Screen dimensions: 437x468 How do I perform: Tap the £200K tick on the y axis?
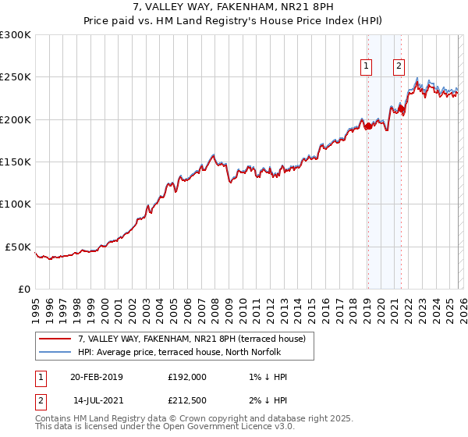point(15,120)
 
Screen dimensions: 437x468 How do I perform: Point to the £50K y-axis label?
point(18,247)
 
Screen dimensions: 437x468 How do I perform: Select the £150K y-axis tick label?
point(15,162)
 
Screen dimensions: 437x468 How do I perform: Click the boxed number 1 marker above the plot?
point(367,67)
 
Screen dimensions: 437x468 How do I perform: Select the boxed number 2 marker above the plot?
point(399,67)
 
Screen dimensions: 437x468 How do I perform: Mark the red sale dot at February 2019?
point(367,126)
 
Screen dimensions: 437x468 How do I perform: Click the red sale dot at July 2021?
point(401,108)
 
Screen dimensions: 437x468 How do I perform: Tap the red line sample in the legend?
point(55,339)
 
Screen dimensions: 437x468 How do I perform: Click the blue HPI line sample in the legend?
point(55,351)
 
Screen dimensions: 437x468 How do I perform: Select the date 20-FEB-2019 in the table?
point(97,377)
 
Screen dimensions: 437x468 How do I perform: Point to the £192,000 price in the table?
point(187,377)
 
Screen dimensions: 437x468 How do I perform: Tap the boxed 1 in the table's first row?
point(40,377)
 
